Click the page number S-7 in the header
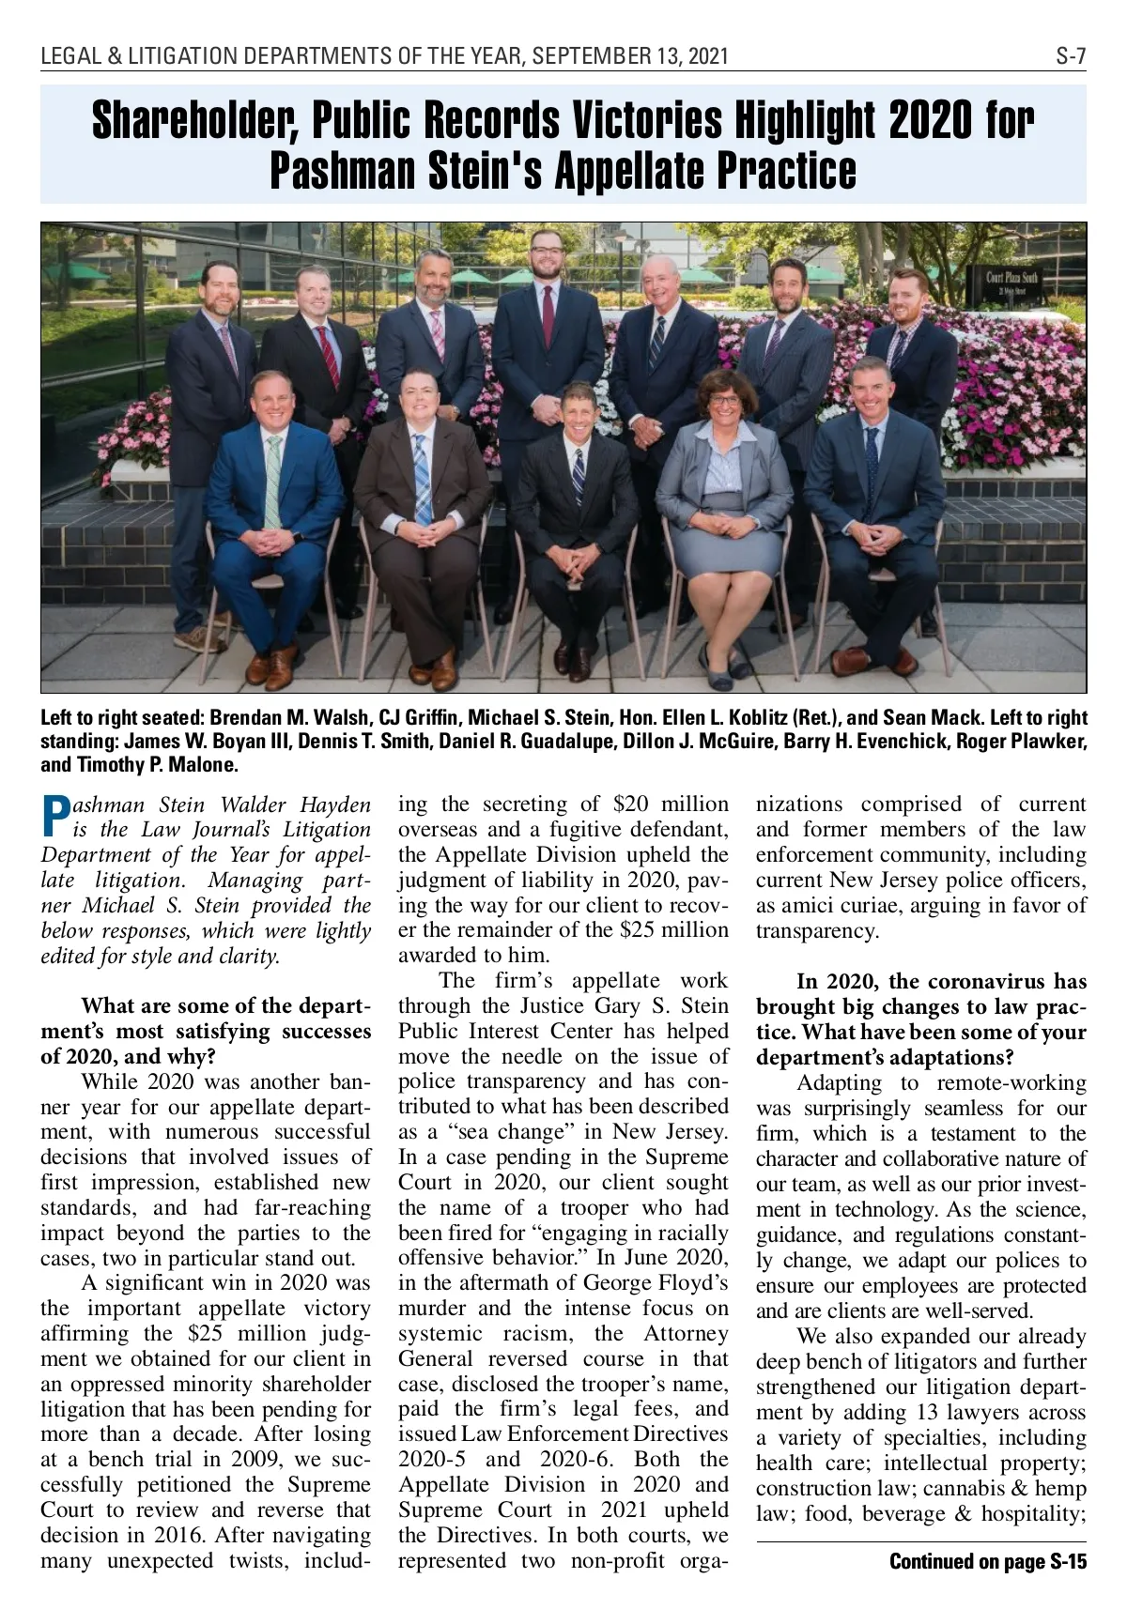[1071, 56]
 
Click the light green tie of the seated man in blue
[273, 479]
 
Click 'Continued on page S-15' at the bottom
[987, 1561]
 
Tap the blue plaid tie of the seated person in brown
[422, 488]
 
